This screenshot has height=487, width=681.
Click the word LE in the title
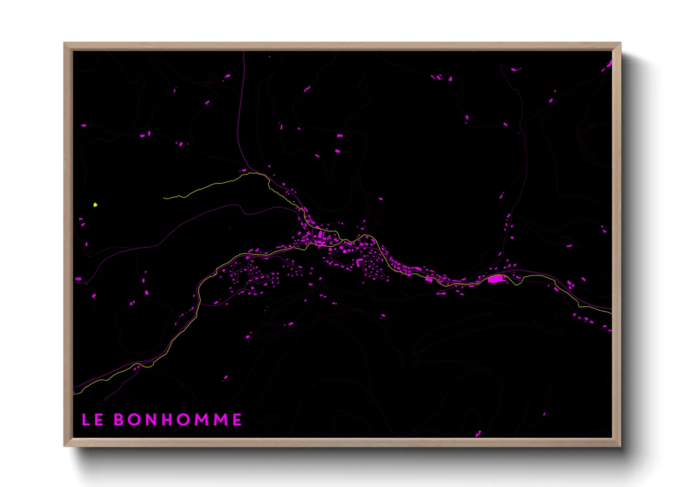tap(92, 419)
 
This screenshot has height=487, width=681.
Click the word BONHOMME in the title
tap(178, 419)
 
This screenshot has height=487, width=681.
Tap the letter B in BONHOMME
tap(119, 419)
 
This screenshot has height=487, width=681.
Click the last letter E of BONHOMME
tap(237, 419)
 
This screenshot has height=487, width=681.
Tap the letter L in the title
tap(86, 419)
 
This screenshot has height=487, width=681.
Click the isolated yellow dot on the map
tap(95, 205)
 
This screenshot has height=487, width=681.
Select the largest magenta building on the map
tap(495, 278)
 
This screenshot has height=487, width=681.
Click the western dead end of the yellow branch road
tap(164, 198)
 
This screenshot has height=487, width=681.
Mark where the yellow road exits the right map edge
tap(612, 313)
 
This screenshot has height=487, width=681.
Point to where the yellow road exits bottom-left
tap(75, 394)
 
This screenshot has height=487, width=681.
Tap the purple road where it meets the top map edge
tap(244, 52)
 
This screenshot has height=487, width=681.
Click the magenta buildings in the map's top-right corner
tap(608, 65)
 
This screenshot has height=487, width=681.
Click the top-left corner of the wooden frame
tap(64, 43)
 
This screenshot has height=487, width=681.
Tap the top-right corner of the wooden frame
tap(620, 43)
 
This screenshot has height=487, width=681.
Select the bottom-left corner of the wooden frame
tap(64, 446)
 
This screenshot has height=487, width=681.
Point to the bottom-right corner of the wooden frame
tap(620, 446)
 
